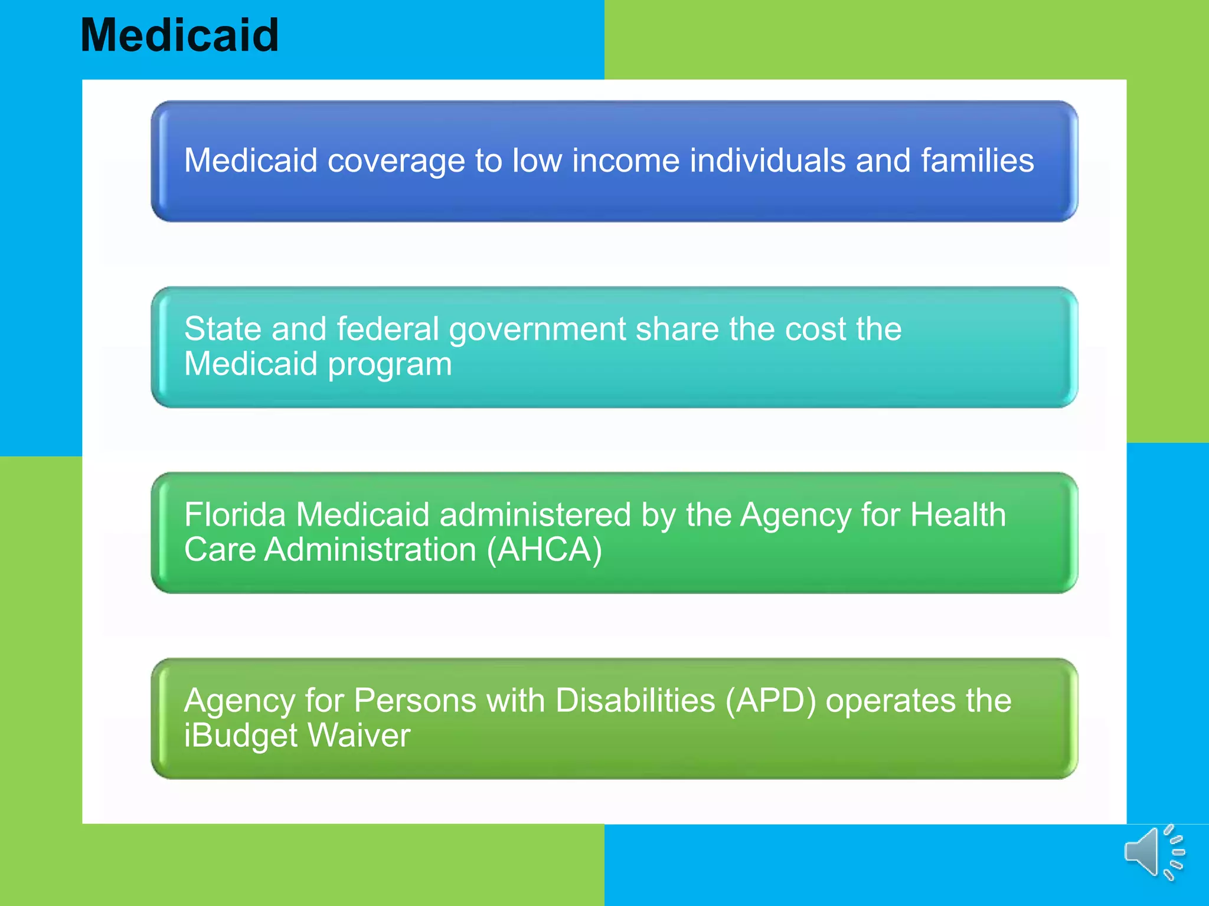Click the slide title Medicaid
179,35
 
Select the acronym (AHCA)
544,550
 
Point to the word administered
535,514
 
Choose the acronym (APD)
770,701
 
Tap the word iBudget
241,736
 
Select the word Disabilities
635,700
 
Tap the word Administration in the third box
370,550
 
